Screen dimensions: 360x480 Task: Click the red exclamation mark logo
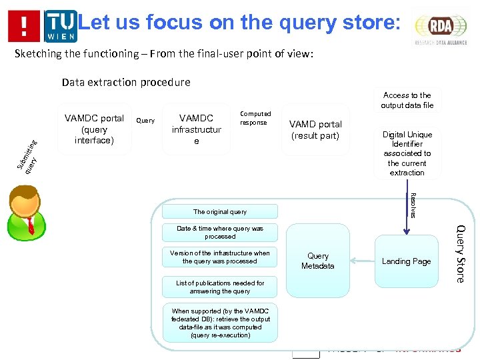pyautogui.click(x=24, y=26)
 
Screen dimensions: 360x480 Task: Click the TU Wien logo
pyautogui.click(x=60, y=26)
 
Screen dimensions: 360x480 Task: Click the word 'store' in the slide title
pyautogui.click(x=367, y=23)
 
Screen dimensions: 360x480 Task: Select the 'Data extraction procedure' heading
pyautogui.click(x=126, y=83)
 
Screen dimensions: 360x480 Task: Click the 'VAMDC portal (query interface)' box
pyautogui.click(x=94, y=129)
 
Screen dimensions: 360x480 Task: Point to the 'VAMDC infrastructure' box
pyautogui.click(x=196, y=129)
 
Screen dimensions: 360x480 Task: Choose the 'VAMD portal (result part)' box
pyautogui.click(x=315, y=130)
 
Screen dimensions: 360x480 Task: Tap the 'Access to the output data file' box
pyautogui.click(x=407, y=100)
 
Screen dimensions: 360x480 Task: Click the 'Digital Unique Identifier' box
pyautogui.click(x=407, y=153)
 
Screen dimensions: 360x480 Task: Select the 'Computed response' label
pyautogui.click(x=255, y=118)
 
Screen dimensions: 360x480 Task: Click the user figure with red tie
pyautogui.click(x=26, y=212)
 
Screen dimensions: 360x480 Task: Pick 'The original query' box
pyautogui.click(x=219, y=211)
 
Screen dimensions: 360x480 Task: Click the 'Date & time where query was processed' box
pyautogui.click(x=219, y=233)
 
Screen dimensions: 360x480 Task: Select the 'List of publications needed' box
pyautogui.click(x=219, y=287)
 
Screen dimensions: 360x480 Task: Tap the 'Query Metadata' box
pyautogui.click(x=317, y=261)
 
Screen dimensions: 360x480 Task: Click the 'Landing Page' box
pyautogui.click(x=406, y=261)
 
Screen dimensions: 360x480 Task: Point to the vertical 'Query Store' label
pyautogui.click(x=460, y=253)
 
